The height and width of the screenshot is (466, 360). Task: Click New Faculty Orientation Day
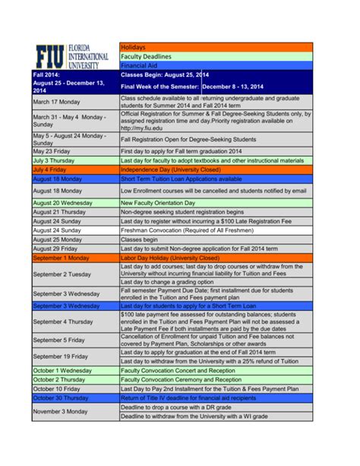pyautogui.click(x=163, y=203)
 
